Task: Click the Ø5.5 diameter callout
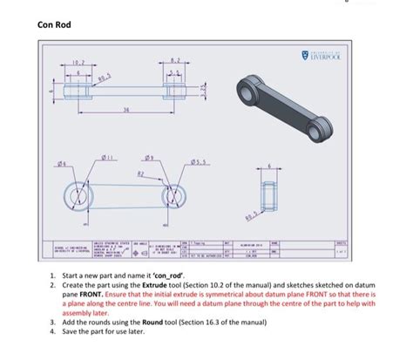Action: pyautogui.click(x=206, y=162)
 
